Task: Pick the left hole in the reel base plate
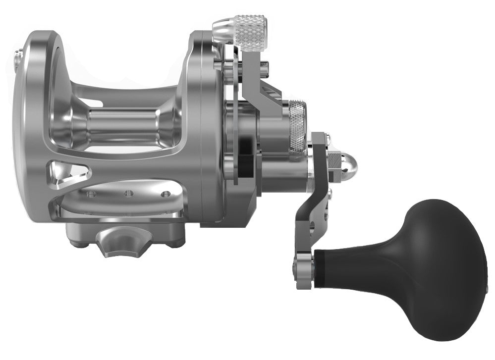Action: [90, 194]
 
